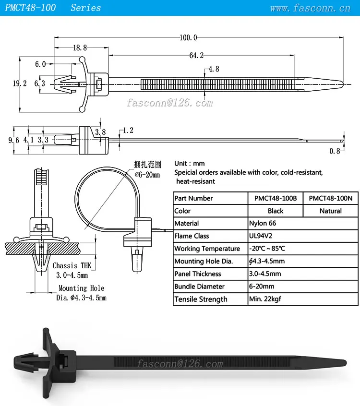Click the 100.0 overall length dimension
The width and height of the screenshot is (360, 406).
click(188, 37)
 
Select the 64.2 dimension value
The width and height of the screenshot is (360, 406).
click(196, 56)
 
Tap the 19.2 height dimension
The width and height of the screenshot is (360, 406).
click(19, 83)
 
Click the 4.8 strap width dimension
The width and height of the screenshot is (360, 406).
click(214, 69)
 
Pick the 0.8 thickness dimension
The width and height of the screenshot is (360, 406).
click(335, 151)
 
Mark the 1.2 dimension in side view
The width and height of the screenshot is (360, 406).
click(128, 130)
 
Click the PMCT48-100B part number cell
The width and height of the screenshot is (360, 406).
click(276, 198)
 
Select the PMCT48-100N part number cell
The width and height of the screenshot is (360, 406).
click(330, 198)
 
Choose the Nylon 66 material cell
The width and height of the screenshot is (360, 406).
click(263, 223)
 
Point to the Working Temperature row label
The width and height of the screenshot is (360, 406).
click(207, 249)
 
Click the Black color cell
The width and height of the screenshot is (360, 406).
click(276, 211)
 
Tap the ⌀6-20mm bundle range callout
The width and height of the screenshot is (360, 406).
click(147, 175)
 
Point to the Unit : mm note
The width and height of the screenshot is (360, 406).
click(189, 164)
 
